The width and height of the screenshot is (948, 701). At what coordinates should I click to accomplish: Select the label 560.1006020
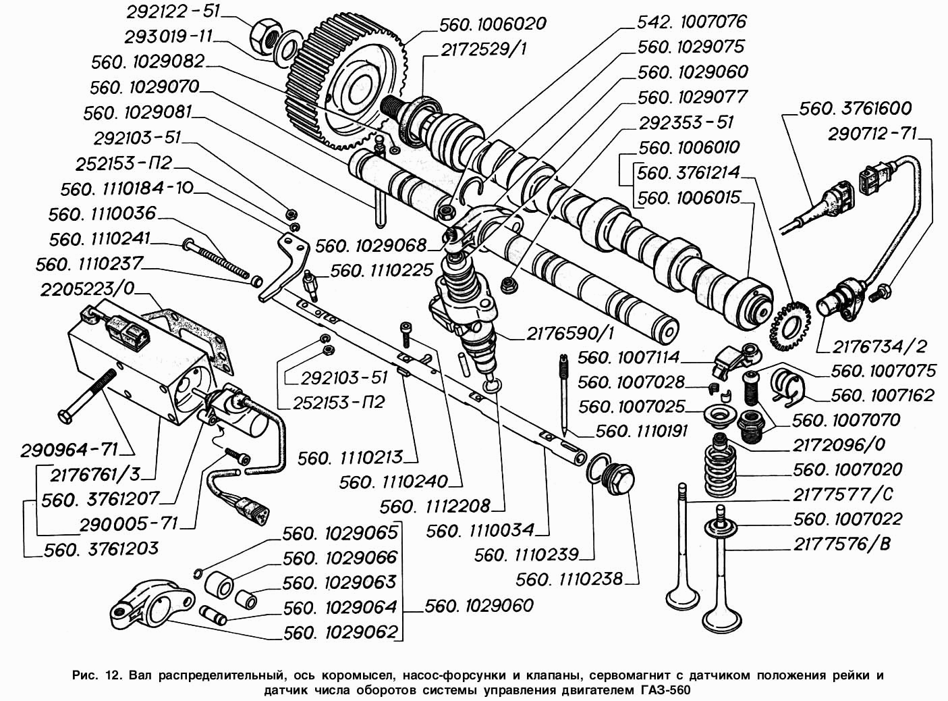point(492,24)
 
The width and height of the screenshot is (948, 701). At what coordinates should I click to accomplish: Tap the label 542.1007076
point(692,22)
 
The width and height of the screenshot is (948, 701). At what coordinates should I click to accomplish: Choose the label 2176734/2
point(879,346)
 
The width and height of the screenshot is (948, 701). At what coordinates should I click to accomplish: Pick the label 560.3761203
point(101,549)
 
